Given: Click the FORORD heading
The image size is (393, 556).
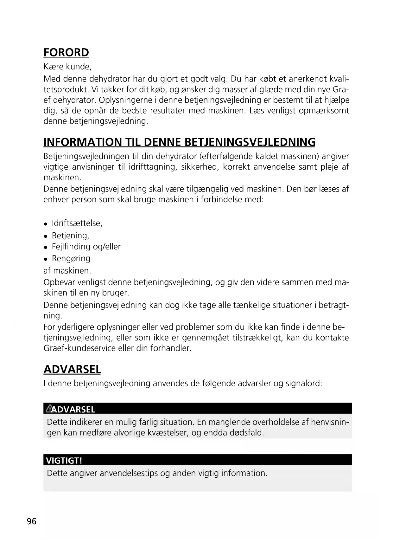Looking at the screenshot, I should pos(66,52).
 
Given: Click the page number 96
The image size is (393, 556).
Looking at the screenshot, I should pos(32,521).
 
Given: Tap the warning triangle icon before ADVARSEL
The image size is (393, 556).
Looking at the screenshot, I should pos(49,409).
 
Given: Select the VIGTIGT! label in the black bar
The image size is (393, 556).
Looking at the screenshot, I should pos(64,460).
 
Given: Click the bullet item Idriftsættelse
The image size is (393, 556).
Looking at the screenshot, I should pos(77,223).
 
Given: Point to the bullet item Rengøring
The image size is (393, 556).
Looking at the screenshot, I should pos(71,258).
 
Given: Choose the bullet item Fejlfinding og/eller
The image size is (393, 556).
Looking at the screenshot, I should pos(86,247).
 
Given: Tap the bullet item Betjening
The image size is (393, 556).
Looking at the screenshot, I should pos(70,236).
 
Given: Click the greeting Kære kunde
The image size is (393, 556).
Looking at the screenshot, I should pos(67,67).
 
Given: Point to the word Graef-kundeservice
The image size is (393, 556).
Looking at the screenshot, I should pos(79,348).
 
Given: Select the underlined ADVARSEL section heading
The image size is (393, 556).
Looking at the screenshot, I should pos(72,369).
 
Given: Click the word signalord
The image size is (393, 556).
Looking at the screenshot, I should pos(303,383).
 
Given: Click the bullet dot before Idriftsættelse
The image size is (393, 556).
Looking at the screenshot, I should pos(46,224).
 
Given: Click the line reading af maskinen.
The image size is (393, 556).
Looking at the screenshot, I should pos(67,271).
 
